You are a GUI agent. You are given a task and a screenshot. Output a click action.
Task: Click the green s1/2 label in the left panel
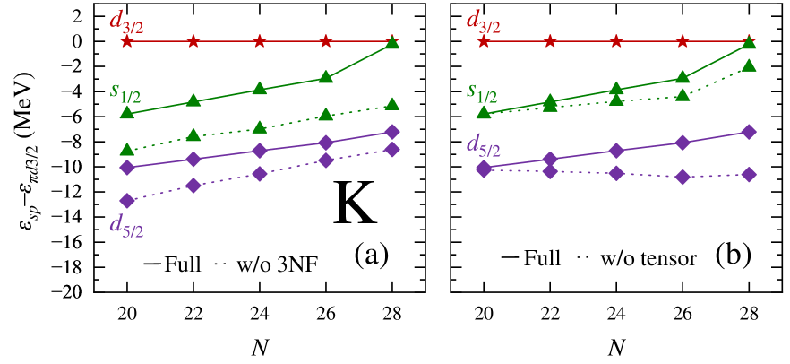(125, 91)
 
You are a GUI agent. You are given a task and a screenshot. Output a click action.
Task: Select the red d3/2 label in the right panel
(483, 21)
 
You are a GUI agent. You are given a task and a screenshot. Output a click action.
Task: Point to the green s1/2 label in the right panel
(482, 91)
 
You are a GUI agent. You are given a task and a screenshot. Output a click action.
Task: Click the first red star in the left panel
(127, 41)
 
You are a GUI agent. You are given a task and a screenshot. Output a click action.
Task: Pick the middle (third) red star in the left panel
(259, 41)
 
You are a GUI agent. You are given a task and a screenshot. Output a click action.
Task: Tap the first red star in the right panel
(484, 41)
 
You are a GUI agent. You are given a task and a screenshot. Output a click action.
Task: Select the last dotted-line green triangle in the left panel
(391, 104)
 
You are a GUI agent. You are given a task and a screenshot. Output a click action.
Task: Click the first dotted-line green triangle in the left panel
(127, 149)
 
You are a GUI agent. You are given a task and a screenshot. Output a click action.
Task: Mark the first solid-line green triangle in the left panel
(127, 112)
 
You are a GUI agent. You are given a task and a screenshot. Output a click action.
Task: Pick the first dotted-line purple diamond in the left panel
(127, 200)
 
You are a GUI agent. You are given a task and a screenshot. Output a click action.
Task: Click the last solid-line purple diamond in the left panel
(391, 132)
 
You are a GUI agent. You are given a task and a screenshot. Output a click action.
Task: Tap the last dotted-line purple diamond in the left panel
(391, 149)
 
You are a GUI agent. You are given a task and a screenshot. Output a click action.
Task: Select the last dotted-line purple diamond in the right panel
(749, 174)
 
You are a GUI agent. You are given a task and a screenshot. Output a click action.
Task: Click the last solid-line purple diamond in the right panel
(749, 132)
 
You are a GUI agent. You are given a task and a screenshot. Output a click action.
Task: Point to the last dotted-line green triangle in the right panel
(749, 65)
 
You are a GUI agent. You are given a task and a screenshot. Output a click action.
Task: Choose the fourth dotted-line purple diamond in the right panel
(683, 177)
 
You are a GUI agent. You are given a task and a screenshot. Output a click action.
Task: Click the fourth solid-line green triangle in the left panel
(326, 78)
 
